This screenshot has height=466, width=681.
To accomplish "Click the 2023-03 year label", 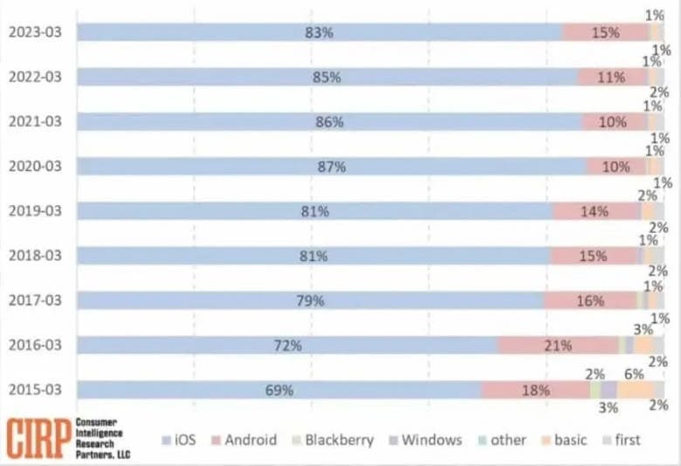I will pyautogui.click(x=35, y=32).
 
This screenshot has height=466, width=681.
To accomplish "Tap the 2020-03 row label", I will pyautogui.click(x=35, y=166).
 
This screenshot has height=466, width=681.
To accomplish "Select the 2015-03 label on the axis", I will pyautogui.click(x=35, y=390).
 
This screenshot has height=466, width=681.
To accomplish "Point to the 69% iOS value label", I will pyautogui.click(x=279, y=390).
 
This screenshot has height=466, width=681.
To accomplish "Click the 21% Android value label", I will pyautogui.click(x=558, y=346).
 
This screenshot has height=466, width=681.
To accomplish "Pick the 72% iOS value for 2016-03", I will pyautogui.click(x=288, y=346).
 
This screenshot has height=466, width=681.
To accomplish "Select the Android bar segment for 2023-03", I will pyautogui.click(x=605, y=32).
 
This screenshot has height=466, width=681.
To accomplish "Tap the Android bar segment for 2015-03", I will pyautogui.click(x=534, y=390).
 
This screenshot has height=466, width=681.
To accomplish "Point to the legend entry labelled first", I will pyautogui.click(x=623, y=440).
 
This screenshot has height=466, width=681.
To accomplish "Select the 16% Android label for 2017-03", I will pyautogui.click(x=590, y=301).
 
